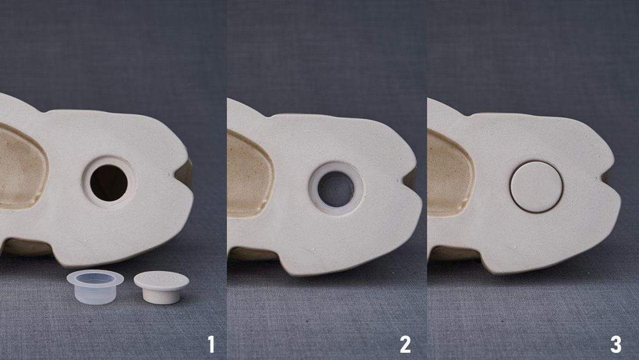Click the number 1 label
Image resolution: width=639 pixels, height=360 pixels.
(211, 345)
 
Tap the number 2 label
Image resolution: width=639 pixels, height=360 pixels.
(405, 345)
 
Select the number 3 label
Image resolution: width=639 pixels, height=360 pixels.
(615, 345)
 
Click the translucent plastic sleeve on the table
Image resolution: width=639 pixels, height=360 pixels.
(95, 287)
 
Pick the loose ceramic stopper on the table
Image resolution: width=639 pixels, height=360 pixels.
(162, 287)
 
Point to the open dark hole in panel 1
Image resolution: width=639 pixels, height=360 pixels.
(109, 183)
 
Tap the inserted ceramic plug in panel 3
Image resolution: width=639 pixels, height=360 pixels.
(536, 187)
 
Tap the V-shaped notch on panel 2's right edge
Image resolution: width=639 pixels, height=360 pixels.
(410, 178)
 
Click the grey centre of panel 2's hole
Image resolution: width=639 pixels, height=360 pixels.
(336, 189)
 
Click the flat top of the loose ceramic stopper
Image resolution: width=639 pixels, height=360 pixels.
(162, 279)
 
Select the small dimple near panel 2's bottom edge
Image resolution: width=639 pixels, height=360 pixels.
(313, 248)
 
